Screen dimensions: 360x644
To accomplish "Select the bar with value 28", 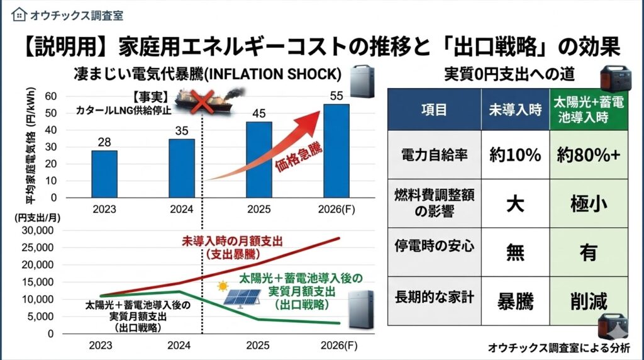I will [x=104, y=173].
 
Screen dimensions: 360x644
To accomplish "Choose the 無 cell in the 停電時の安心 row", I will [x=515, y=252].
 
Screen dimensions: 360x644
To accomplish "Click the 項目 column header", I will [x=434, y=109].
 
